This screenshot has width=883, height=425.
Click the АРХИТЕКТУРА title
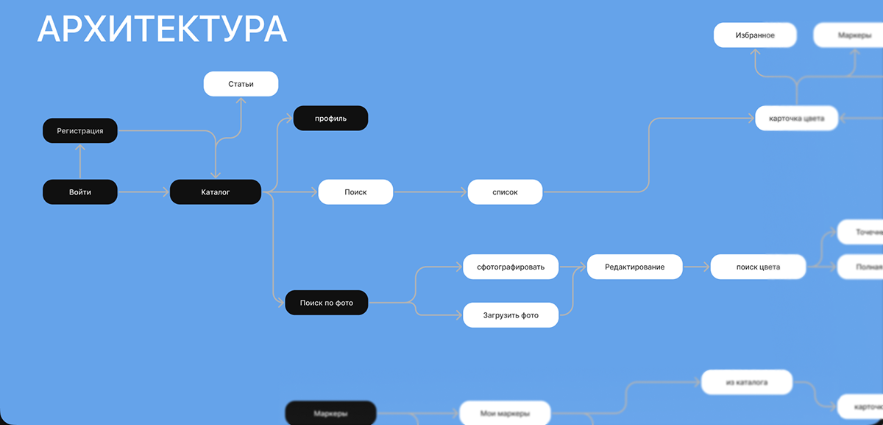162,29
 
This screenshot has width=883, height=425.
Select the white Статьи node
241,84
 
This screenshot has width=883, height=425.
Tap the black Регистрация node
80,131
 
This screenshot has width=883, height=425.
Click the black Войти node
80,192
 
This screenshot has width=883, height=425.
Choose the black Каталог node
215,192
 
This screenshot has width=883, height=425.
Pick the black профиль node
330,119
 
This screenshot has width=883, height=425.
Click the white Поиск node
355,192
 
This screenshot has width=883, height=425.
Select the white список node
505,192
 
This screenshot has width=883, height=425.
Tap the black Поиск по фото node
326,303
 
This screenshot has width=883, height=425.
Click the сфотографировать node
511,267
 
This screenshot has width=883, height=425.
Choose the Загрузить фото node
511,315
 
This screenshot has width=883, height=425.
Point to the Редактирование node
634,267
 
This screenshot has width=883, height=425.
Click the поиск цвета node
758,267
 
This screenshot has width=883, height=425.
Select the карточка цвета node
796,118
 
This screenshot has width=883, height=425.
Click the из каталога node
746,382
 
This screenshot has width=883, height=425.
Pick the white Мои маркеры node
505,413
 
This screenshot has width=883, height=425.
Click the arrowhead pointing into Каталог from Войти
166,192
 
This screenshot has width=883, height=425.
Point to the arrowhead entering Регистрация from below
80,147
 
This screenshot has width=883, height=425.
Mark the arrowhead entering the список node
464,192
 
